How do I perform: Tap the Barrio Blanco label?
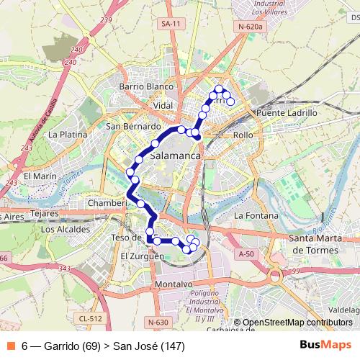tap(147, 86)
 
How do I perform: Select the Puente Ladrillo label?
tap(287, 113)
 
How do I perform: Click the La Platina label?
tap(68, 134)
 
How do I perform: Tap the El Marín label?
tap(40, 176)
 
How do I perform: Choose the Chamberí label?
tap(107, 203)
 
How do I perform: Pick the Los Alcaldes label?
tap(66, 229)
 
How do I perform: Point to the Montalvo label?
tap(174, 284)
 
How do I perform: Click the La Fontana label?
tap(256, 215)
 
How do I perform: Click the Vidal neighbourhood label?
tap(163, 105)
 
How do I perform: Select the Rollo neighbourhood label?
tap(243, 135)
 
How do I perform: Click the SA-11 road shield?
tap(171, 24)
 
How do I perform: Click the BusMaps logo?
tap(325, 346)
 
